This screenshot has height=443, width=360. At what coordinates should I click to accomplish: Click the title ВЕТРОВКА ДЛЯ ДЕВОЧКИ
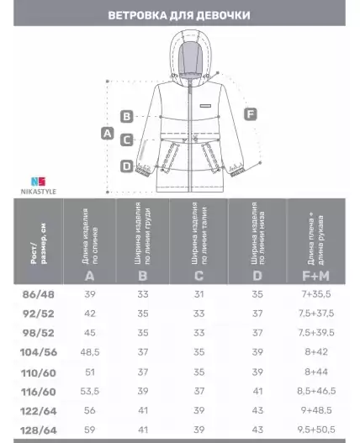(179, 15)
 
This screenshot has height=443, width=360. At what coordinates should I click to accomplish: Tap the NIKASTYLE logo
(39, 186)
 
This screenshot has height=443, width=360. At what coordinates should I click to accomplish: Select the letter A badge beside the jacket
(108, 134)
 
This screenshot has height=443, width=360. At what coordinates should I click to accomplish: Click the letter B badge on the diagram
(127, 116)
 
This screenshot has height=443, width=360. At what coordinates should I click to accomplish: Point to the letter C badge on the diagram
(127, 140)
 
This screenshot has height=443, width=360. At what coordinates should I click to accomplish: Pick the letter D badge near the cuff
(127, 166)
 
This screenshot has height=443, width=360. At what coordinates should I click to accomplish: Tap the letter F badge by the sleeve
(251, 114)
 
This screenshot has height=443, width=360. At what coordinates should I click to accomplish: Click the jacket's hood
(190, 58)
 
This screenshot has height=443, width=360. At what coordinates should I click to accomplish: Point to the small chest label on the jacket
(205, 106)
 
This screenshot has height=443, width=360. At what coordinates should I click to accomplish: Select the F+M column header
(316, 276)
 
